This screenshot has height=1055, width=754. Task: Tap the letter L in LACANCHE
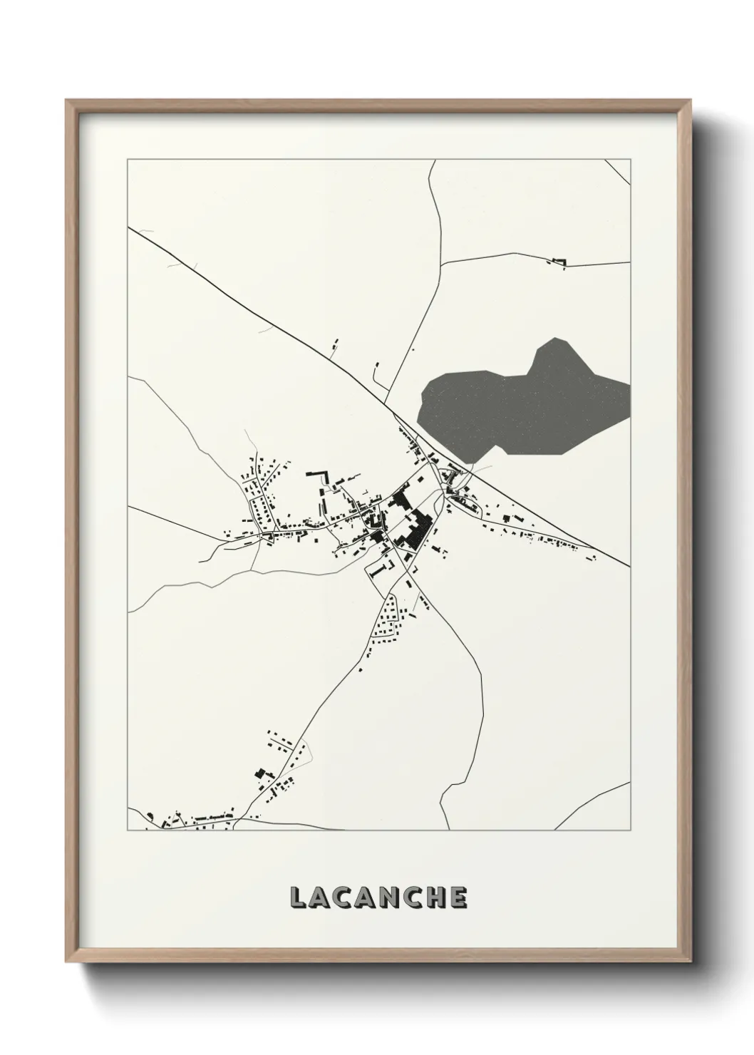pos(298,898)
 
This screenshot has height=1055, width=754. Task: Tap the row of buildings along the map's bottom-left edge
pos(192,820)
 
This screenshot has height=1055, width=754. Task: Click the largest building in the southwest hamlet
pos(261,774)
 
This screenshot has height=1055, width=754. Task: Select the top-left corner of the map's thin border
pos(128,160)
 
